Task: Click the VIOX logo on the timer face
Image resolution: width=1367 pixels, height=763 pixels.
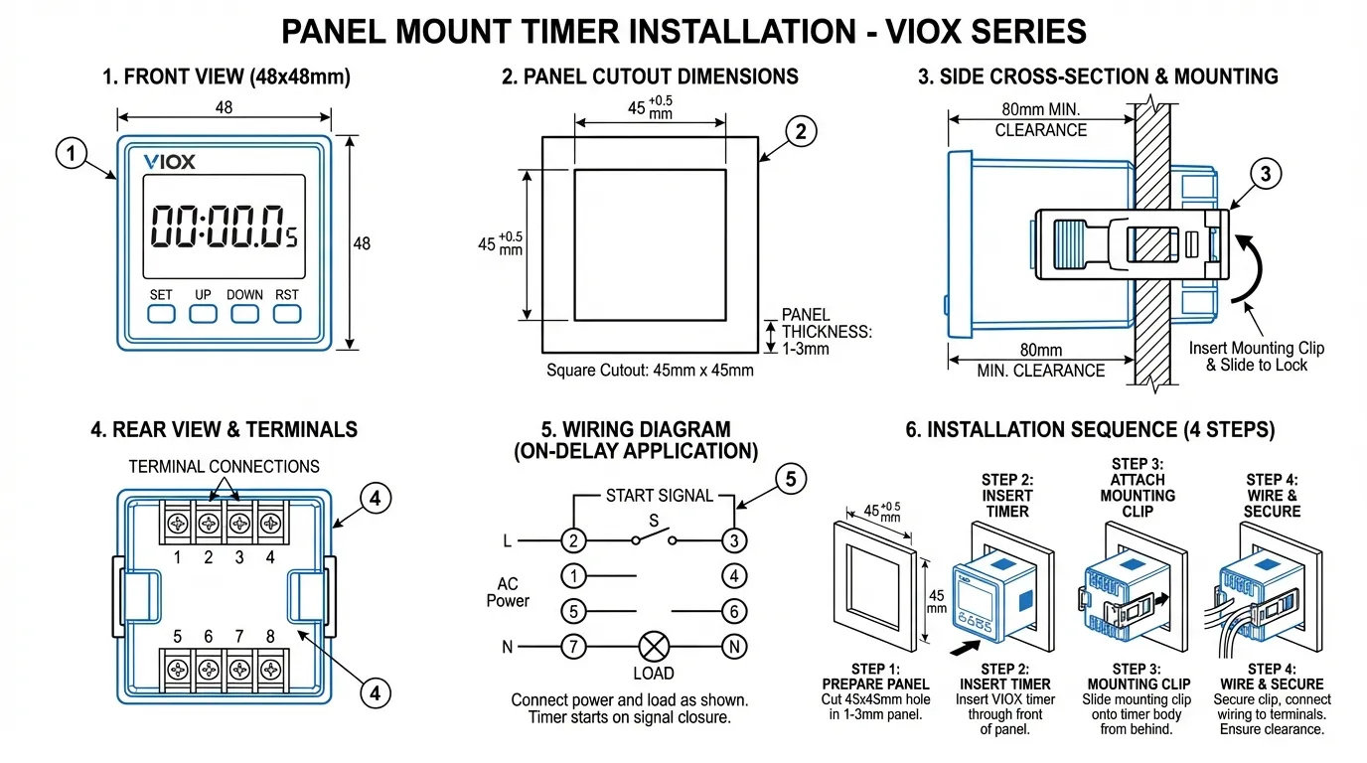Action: [x=169, y=161]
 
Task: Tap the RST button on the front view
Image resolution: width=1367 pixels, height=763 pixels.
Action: [x=287, y=314]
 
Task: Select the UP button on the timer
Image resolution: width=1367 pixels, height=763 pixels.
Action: [x=203, y=314]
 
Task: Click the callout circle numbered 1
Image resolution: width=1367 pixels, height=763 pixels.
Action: [x=70, y=154]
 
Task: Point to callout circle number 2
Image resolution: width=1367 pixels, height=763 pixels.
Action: [x=801, y=130]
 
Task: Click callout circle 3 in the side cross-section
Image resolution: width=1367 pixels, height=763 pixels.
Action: [x=1264, y=175]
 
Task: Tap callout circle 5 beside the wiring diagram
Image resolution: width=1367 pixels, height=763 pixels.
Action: [x=790, y=480]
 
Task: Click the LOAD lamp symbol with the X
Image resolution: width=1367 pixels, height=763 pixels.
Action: [x=653, y=647]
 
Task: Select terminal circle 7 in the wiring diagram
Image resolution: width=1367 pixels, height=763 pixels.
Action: [x=573, y=647]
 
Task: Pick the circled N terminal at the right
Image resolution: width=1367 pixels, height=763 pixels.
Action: [x=733, y=647]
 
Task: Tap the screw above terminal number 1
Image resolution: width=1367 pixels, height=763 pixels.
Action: [x=178, y=522]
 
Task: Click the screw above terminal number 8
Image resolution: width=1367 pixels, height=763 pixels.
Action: [x=269, y=667]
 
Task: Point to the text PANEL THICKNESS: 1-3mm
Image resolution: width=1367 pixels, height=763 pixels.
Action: [x=826, y=332]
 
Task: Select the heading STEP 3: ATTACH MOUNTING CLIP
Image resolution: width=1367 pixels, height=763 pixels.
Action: [x=1138, y=487]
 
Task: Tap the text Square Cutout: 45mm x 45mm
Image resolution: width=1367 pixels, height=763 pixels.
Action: [x=650, y=371]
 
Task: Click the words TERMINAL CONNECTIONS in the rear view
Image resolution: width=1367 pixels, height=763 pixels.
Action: [x=225, y=466]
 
